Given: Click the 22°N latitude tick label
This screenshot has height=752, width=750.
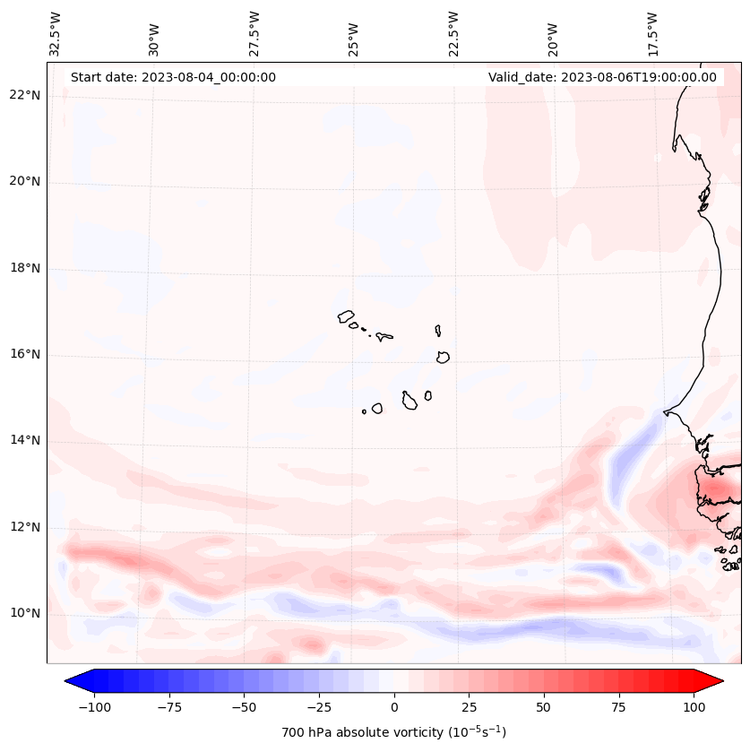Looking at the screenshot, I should (x=24, y=96).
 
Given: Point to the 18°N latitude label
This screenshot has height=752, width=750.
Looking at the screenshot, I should (x=24, y=269).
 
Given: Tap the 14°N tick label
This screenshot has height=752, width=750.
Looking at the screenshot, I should (x=24, y=441).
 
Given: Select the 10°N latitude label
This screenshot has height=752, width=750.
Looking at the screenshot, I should (x=24, y=614).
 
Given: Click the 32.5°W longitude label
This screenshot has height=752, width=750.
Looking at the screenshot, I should (x=56, y=34).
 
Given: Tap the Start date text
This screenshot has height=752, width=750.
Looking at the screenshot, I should (x=173, y=77).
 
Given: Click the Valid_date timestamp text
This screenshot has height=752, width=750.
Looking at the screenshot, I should (x=602, y=77).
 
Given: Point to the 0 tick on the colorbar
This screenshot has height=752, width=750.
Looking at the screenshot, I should (x=393, y=707).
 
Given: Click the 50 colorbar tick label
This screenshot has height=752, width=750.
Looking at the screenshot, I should (x=543, y=707).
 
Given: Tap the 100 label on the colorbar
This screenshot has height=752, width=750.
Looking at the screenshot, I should (x=693, y=707).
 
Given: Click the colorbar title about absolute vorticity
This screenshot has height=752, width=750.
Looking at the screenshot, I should (x=393, y=732).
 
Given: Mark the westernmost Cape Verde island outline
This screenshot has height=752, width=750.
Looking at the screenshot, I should (x=346, y=315).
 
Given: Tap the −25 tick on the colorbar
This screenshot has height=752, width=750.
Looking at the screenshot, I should (x=319, y=707).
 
